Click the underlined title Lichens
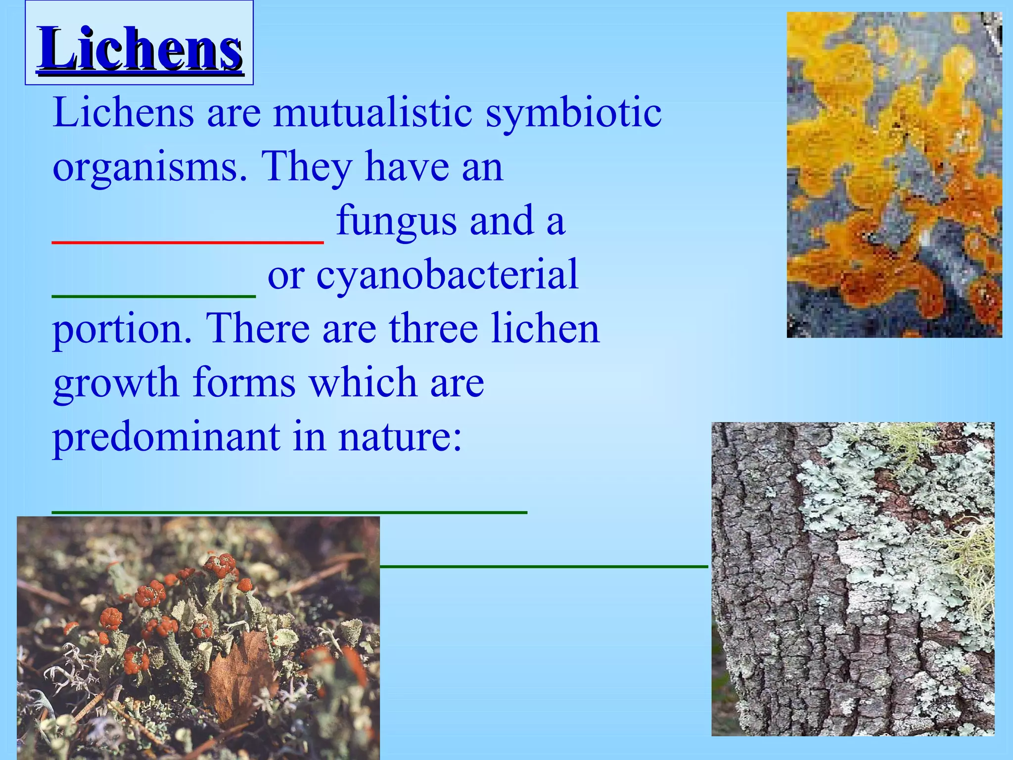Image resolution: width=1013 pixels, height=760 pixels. point(140,48)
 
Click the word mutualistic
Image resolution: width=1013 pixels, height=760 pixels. point(372,113)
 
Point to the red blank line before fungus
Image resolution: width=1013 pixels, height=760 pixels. point(188,241)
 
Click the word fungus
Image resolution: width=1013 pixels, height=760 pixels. point(396,221)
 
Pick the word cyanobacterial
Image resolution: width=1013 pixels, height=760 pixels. point(447,275)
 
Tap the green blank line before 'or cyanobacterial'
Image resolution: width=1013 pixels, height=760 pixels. point(154,295)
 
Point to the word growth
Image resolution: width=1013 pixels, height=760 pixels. point(116,383)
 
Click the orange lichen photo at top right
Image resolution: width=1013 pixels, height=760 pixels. point(894,175)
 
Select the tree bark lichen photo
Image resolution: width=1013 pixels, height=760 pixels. point(852,578)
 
